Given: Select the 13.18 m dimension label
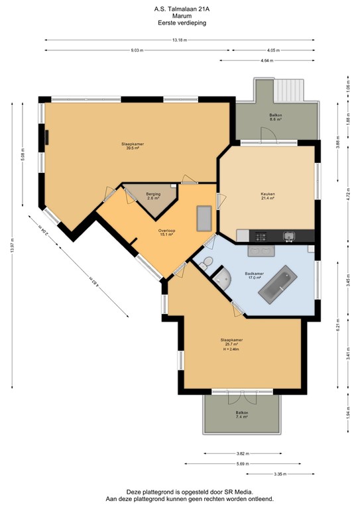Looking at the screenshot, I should [179, 40].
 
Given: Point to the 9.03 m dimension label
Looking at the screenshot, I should [137, 50].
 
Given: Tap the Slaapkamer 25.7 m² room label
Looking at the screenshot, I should [231, 344].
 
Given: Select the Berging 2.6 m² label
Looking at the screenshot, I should [153, 196].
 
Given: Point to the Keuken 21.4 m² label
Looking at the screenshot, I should [268, 196].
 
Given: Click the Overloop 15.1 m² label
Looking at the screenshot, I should [166, 232].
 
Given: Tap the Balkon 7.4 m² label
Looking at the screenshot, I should [241, 414].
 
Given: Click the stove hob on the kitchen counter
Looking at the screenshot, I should [259, 236].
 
